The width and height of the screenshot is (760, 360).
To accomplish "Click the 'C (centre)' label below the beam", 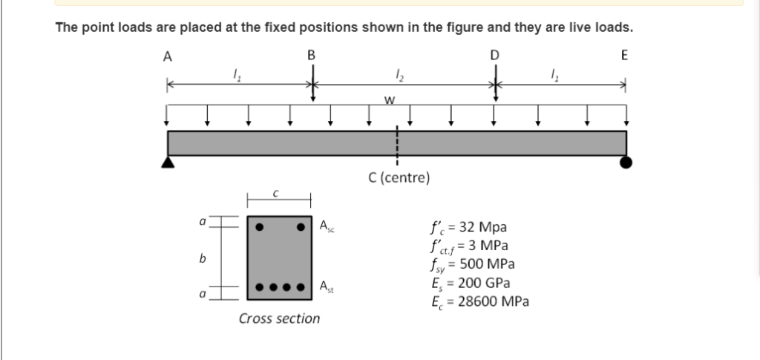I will tap(398, 178).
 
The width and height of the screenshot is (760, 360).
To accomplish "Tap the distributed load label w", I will tap(388, 100).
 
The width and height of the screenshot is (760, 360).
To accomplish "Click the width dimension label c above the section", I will tap(276, 192).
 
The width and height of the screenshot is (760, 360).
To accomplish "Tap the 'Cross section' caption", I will tap(280, 319).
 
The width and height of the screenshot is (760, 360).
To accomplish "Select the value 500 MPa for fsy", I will tap(486, 264).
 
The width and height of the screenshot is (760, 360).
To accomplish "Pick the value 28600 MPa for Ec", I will tap(493, 301).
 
